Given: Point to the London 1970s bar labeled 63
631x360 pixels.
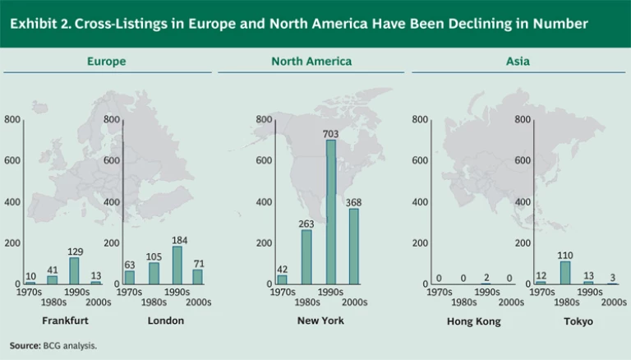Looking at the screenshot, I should (x=130, y=277).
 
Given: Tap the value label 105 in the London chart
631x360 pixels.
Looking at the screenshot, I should (x=153, y=256).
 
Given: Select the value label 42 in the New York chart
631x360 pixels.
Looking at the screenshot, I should (x=282, y=269).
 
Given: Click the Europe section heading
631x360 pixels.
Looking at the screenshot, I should (x=107, y=62).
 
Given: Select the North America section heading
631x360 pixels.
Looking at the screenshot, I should (x=311, y=62).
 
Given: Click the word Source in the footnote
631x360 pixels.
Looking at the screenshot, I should (x=24, y=346).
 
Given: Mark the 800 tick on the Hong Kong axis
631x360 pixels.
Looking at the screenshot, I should (x=420, y=120).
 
